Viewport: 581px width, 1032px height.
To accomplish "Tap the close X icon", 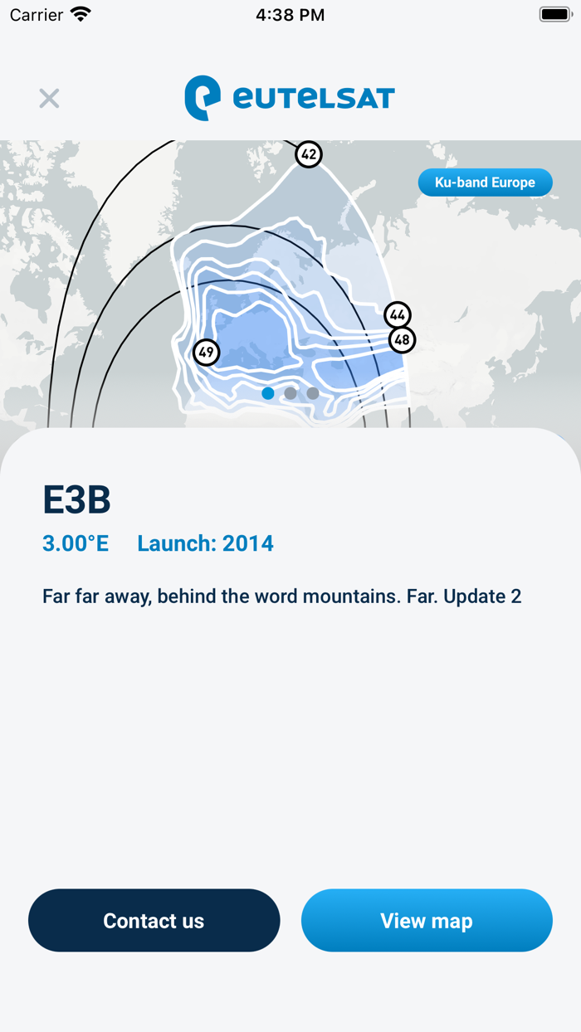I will pyautogui.click(x=49, y=98).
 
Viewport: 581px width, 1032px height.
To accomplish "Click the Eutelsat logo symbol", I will pyautogui.click(x=203, y=98).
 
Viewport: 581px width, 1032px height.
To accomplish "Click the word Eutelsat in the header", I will pyautogui.click(x=314, y=98).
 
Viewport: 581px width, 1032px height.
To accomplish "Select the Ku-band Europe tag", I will pyautogui.click(x=485, y=183).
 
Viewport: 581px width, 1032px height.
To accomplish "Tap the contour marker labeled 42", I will pyautogui.click(x=309, y=154).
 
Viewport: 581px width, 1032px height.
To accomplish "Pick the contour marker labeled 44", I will pyautogui.click(x=398, y=315).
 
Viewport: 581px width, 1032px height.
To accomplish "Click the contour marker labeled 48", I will pyautogui.click(x=402, y=339).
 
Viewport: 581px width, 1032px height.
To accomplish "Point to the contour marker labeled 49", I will pyautogui.click(x=206, y=353).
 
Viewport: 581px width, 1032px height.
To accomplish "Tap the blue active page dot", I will pyautogui.click(x=268, y=393).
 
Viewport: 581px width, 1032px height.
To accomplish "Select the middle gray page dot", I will pyautogui.click(x=290, y=393).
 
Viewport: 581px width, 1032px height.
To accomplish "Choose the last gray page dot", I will pyautogui.click(x=313, y=393).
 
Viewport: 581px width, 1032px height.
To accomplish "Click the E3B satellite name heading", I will pyautogui.click(x=76, y=500).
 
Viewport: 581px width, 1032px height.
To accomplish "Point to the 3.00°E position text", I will pyautogui.click(x=76, y=543).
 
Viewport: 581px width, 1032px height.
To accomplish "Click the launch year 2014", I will pyautogui.click(x=247, y=543).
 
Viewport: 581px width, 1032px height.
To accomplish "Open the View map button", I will pyautogui.click(x=427, y=921).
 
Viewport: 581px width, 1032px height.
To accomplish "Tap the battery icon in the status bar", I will pyautogui.click(x=554, y=14).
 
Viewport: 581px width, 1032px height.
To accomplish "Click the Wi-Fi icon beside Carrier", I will pyautogui.click(x=81, y=14).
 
